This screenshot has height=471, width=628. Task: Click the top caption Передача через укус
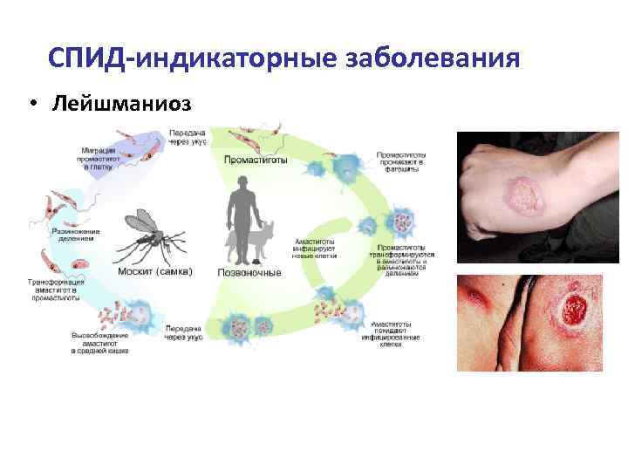coord(188,137)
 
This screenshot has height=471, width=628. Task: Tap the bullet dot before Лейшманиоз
coord(31,104)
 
